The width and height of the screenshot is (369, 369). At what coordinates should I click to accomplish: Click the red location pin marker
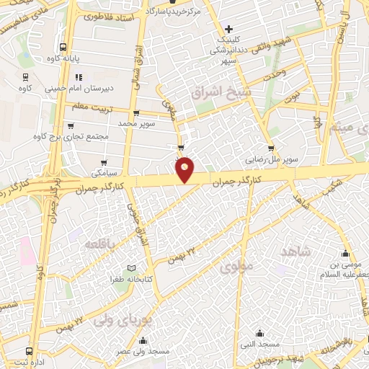(185, 169)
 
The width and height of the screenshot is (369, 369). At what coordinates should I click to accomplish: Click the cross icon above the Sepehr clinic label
(229, 30)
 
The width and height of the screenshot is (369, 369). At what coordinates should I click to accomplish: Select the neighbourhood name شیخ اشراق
(214, 94)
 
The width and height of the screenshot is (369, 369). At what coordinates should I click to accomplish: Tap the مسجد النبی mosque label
(260, 344)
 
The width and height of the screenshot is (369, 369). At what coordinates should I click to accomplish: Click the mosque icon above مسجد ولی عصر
(143, 341)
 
